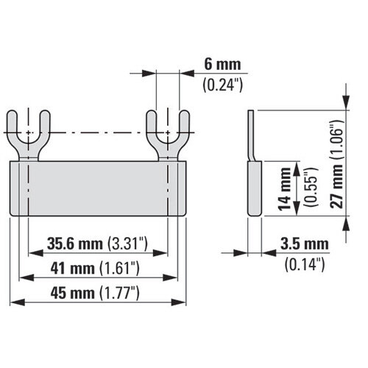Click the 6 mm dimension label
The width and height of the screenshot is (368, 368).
(219, 65)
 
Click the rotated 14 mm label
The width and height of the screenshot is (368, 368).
(284, 188)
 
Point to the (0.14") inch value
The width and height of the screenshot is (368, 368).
(305, 263)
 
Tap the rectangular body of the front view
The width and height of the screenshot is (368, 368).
(99, 188)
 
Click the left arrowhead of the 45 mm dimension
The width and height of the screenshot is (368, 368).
(14, 302)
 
